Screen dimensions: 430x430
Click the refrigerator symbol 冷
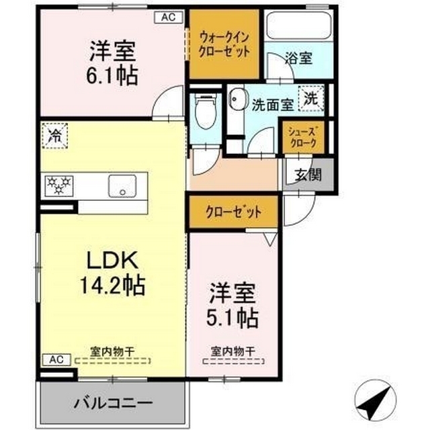click(x=54, y=136)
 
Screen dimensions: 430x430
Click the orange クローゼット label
click(x=233, y=212)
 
